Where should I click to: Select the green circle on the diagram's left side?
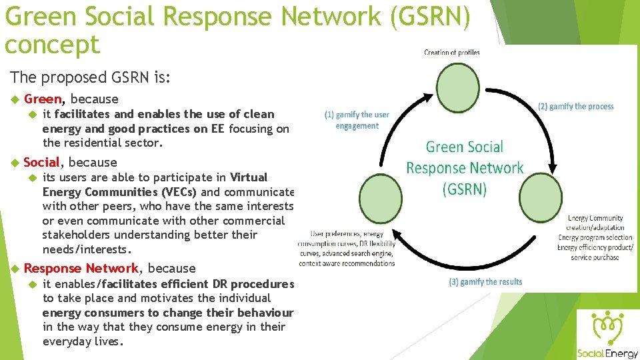click(x=380, y=198)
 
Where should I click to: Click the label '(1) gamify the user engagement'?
click(x=357, y=120)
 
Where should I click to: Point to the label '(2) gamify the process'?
click(x=576, y=107)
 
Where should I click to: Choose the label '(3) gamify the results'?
click(x=485, y=282)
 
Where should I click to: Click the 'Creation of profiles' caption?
click(x=452, y=53)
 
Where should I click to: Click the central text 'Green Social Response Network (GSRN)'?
click(x=465, y=168)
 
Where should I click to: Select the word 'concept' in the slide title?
click(x=51, y=45)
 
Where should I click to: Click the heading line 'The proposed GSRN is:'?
click(x=91, y=77)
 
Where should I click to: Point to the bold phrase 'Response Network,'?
click(x=82, y=268)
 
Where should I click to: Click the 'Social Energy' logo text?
click(x=607, y=353)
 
